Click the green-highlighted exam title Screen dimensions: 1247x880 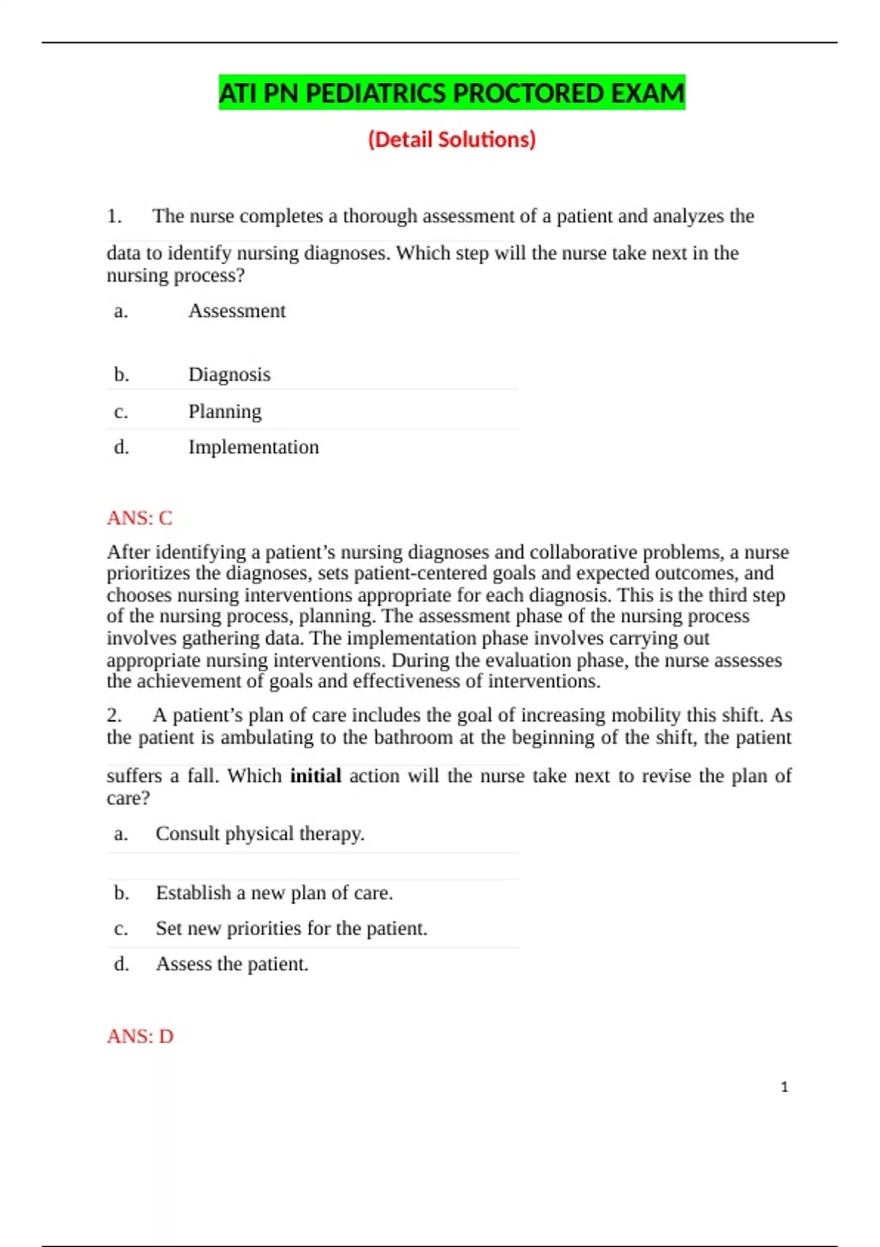[452, 93]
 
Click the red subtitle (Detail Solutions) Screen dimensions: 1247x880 [452, 139]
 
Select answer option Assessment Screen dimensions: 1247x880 [237, 311]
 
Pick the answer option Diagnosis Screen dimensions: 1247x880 [230, 375]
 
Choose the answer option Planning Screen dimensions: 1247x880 [224, 412]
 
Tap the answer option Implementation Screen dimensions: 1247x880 [254, 447]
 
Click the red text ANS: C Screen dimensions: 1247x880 [139, 518]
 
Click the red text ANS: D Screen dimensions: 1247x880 [140, 1036]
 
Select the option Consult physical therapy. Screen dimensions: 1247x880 [260, 834]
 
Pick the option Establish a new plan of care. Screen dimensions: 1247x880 [274, 893]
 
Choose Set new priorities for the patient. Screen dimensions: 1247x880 [291, 929]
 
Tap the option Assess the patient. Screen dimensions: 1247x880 [232, 964]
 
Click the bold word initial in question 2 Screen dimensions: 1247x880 [315, 776]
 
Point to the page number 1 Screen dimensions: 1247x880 [784, 1087]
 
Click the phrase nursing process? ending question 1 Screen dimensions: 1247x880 [175, 276]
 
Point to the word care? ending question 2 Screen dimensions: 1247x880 [128, 798]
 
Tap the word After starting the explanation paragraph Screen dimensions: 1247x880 [128, 552]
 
